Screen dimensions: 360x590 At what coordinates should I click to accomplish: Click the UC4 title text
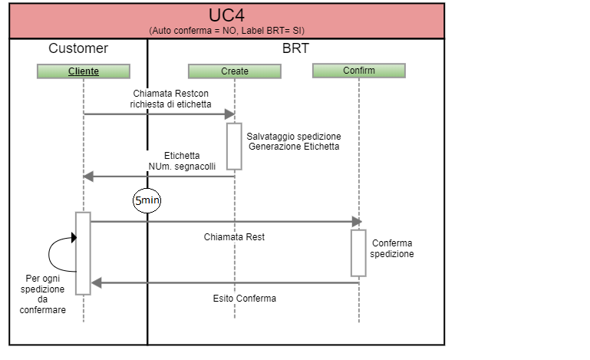[227, 15]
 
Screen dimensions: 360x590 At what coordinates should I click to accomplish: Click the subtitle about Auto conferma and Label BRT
[227, 30]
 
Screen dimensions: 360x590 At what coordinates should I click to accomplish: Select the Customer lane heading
[78, 48]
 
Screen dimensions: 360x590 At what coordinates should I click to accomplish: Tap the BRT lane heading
[295, 48]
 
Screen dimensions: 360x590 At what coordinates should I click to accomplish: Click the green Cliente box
[83, 71]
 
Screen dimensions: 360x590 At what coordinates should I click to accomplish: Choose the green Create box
[235, 71]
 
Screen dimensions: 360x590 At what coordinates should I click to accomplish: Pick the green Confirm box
[358, 71]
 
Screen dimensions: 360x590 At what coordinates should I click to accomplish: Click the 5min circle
[147, 201]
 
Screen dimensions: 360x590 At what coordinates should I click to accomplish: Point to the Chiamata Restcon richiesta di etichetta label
[170, 98]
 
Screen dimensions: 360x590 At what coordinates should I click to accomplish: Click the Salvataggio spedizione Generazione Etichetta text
[294, 141]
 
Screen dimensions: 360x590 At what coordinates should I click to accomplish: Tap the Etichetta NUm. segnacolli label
[182, 160]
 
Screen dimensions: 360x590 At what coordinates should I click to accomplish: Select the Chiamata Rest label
[234, 237]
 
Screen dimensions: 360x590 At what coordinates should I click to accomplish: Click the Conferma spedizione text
[392, 248]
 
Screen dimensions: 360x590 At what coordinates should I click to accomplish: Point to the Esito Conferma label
[244, 298]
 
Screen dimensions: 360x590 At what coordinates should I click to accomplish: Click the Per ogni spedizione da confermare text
[44, 294]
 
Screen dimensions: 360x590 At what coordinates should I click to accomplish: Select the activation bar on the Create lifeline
[234, 146]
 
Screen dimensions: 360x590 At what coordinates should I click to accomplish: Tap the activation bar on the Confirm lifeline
[358, 253]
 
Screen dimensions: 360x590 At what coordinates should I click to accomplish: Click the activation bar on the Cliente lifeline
[83, 253]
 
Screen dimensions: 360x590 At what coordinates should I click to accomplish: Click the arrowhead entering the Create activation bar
[229, 114]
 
